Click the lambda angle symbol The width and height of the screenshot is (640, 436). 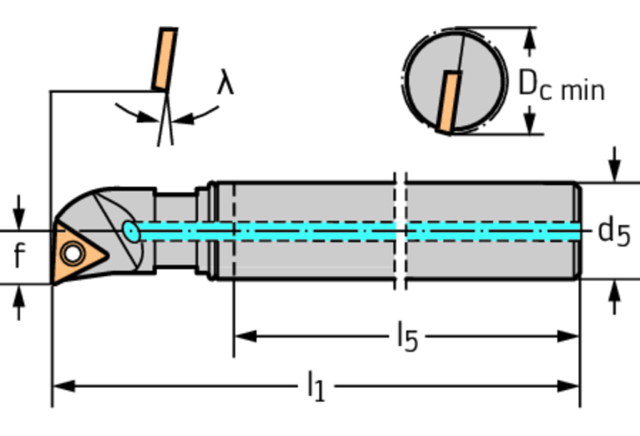coord(225,83)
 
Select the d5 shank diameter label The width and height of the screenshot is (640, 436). coord(614,233)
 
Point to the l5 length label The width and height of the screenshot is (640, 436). coord(408,336)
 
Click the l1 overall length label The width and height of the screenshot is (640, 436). coord(316,386)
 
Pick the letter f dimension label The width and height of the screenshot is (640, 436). coord(19,255)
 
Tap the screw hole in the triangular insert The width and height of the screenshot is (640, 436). coord(73,253)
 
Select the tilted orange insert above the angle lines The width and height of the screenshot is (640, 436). coord(165,58)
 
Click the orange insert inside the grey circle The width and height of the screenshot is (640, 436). coord(449,102)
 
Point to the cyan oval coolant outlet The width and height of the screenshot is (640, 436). coord(131,232)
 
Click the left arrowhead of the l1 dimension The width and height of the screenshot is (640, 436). coord(64,386)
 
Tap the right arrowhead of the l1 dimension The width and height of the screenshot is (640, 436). coord(568,386)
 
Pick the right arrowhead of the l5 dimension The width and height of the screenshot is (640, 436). coord(568,337)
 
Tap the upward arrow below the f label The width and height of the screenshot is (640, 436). coord(19,303)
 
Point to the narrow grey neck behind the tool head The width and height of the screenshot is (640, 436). coord(176,230)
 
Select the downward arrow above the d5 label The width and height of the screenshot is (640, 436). coord(615,164)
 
